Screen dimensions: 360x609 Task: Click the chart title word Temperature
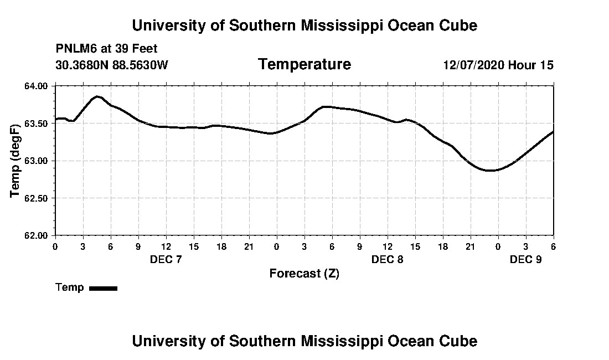[x=304, y=65]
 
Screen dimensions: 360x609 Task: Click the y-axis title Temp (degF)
[x=15, y=161]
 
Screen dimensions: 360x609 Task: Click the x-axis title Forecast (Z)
[x=304, y=273]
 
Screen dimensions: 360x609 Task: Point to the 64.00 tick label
[x=37, y=86]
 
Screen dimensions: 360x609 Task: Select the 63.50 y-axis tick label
[x=37, y=124]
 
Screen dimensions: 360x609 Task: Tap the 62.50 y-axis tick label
[x=37, y=198]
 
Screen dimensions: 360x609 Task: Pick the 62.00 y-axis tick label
[x=37, y=235]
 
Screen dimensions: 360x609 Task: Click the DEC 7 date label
[x=166, y=259]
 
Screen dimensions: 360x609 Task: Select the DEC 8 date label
[x=387, y=259]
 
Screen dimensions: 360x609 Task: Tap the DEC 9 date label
[x=525, y=259]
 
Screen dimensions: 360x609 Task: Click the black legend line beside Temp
[x=103, y=288]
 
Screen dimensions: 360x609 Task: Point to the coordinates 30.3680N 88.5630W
[x=112, y=65]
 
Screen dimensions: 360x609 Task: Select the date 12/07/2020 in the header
[x=473, y=65]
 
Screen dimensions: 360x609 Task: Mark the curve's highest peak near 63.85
[x=97, y=96]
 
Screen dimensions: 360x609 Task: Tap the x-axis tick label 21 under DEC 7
[x=249, y=246]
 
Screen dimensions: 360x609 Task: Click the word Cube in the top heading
[x=459, y=25]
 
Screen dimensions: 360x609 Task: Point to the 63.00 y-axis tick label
[x=37, y=161]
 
